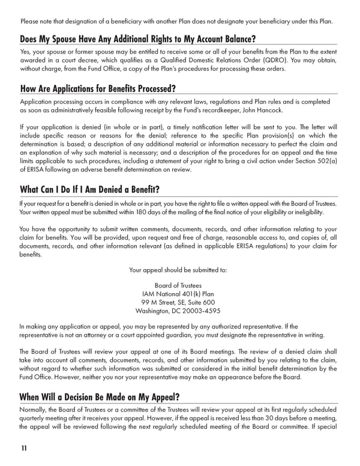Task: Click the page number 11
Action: pyautogui.click(x=23, y=448)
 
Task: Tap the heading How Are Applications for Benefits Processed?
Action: pyautogui.click(x=98, y=89)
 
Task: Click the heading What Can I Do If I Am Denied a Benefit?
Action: pyautogui.click(x=90, y=190)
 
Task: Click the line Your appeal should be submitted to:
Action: pyautogui.click(x=178, y=270)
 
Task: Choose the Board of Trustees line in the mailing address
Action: pyautogui.click(x=178, y=285)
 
